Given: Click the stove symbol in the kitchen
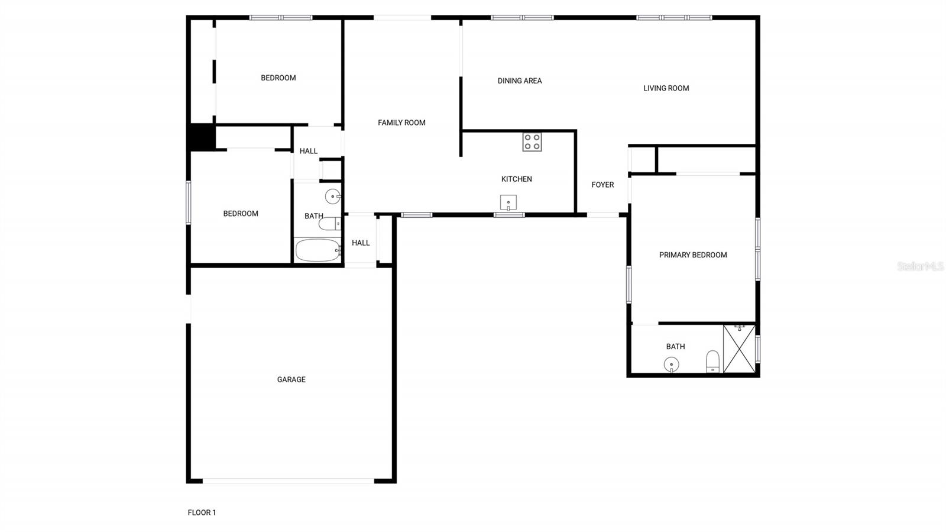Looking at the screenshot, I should coord(532,142).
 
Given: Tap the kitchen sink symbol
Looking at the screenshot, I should coord(508,203).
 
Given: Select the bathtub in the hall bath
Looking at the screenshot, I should coord(318,250).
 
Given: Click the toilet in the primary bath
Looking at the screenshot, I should coord(713,361).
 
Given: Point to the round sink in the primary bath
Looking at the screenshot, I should coord(671,365).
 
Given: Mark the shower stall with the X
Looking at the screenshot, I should coord(739,349).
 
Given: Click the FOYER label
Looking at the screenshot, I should coord(602,185).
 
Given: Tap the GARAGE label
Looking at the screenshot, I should coord(291,379).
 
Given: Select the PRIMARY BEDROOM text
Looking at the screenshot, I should coord(693,255).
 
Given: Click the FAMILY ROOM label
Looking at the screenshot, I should coord(401,122).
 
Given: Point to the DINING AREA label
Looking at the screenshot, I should coord(520,80).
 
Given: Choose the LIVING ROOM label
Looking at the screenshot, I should coord(666,88).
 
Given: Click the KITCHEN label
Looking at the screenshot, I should coord(517,179).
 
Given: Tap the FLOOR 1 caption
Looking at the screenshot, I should coord(202,512).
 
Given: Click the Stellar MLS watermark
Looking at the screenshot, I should coord(920,266).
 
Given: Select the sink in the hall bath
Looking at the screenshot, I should coord(333,196).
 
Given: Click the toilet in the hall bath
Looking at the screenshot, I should coord(329,224).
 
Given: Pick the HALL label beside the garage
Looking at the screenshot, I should coord(361,243).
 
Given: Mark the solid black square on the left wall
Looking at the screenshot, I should coord(202,137).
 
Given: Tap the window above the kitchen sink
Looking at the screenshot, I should coord(509,215).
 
